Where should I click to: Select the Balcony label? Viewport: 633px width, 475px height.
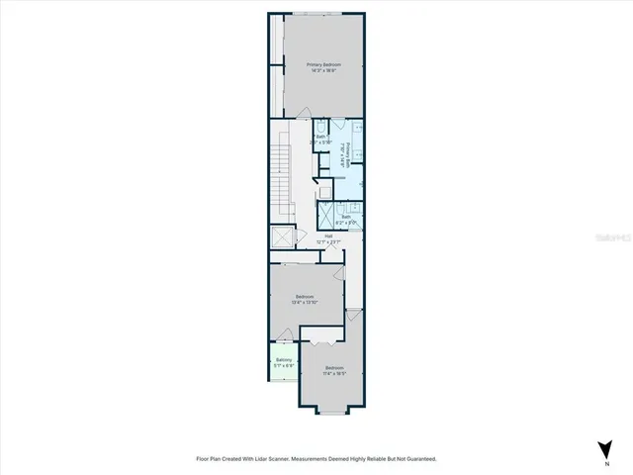coord(283,360)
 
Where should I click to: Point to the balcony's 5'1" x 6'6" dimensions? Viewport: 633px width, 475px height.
coord(283,367)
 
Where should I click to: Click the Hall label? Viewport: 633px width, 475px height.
coord(327,236)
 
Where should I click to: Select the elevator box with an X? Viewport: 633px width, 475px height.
coord(282,238)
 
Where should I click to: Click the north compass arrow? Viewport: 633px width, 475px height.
coord(605,445)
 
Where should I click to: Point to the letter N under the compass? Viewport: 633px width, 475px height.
coord(605,462)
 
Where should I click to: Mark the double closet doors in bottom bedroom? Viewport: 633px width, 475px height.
coord(319,342)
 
